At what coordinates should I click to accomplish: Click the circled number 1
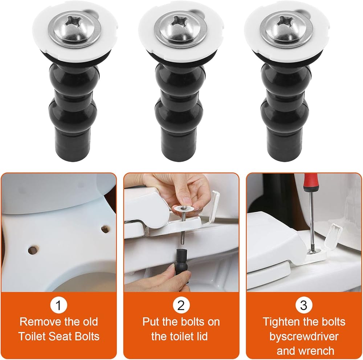(x=58, y=305)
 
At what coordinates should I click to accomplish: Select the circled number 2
(x=181, y=305)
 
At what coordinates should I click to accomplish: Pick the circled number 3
(x=304, y=305)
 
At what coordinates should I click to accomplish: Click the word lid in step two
(x=201, y=337)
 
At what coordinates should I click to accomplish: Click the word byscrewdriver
(x=304, y=337)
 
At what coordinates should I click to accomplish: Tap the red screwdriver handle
(x=310, y=183)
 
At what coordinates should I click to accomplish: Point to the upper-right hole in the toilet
(x=105, y=229)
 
